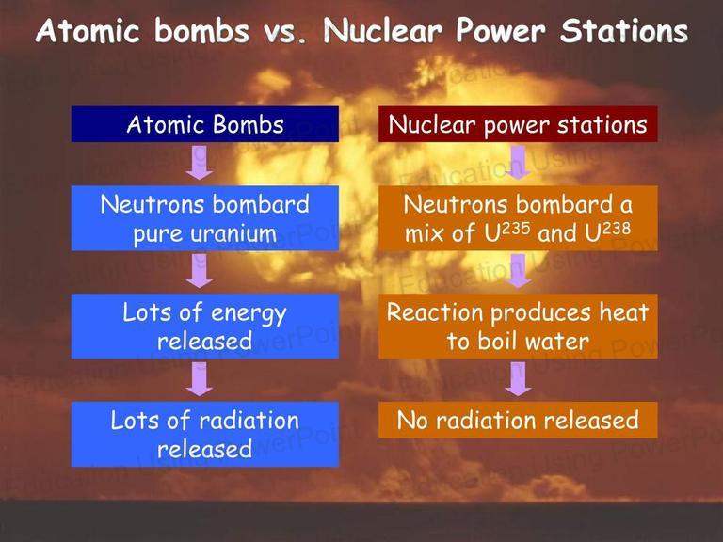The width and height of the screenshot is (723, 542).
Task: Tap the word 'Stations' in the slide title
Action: click(x=624, y=31)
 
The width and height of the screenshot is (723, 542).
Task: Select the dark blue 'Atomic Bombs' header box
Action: click(x=204, y=124)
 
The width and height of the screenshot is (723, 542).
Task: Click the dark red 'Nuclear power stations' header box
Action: click(x=518, y=124)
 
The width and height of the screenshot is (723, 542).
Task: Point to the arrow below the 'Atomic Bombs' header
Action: click(x=200, y=162)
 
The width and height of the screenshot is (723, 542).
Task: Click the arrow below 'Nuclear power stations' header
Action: click(x=519, y=162)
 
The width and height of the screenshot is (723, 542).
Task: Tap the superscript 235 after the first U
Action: click(x=516, y=229)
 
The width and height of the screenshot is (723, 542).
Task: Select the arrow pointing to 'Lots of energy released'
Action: click(x=200, y=271)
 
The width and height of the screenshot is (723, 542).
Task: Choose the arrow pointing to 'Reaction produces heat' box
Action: click(x=519, y=271)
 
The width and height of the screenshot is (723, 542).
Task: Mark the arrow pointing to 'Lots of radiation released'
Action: click(x=200, y=379)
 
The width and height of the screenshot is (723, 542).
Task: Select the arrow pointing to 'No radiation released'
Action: click(x=519, y=379)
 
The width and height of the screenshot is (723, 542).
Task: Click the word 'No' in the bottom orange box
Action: click(x=411, y=421)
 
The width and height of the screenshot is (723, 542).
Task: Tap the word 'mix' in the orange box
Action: click(x=425, y=233)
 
